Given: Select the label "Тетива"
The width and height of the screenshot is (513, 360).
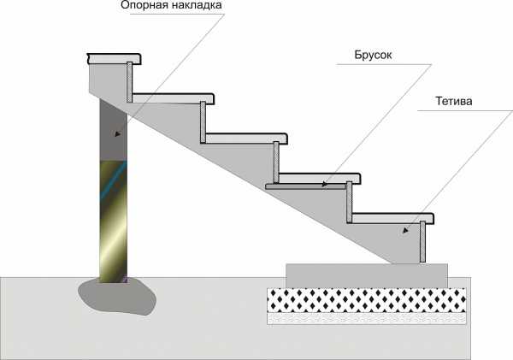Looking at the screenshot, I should tap(449, 102).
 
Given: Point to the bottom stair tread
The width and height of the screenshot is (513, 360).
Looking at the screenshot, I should tap(394, 218).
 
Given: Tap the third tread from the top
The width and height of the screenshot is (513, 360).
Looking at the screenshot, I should tap(245, 138).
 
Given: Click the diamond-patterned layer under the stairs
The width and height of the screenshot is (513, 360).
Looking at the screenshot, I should tap(368, 299).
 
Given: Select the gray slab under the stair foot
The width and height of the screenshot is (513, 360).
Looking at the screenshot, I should tap(367, 275).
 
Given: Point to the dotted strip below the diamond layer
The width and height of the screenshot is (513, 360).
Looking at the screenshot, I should tap(368, 318).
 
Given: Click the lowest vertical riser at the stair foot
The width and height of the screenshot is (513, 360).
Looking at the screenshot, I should tap(422, 242).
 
